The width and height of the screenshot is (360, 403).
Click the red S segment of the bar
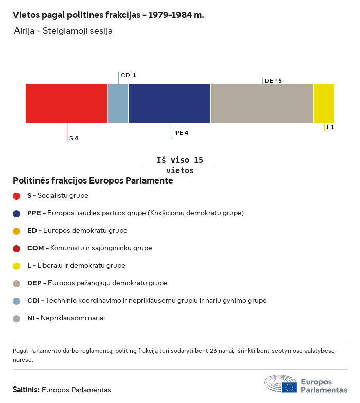66,104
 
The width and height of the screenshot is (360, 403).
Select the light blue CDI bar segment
118,104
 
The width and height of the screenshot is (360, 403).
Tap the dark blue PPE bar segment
169,104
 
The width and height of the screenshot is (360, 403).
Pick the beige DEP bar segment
262,104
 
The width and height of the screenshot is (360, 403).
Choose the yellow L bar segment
323,104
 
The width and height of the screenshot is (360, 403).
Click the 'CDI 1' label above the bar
128,75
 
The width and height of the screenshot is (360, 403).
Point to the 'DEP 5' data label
273,81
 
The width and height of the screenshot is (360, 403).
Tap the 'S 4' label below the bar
74,138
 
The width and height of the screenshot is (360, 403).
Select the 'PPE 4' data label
180,133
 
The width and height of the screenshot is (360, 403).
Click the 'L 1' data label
330,127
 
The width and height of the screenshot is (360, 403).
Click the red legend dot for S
16,196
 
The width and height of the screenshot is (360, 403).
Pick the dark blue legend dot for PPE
16,213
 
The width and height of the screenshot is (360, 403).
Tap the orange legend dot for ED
16,231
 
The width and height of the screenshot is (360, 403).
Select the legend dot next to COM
16,248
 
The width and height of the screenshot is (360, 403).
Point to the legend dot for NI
16,318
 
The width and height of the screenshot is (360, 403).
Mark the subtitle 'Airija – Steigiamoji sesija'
63,31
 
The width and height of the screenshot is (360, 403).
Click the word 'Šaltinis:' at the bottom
26,390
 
